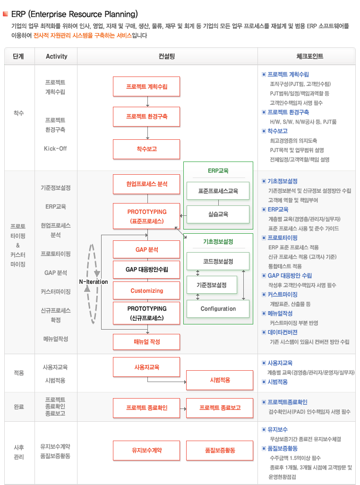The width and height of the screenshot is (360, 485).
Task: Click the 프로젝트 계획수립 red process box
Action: point(146,86)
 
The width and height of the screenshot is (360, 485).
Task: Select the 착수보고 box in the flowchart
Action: point(146,149)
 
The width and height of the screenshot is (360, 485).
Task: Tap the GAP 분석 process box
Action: point(146,249)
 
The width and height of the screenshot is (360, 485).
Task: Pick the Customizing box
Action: point(146,290)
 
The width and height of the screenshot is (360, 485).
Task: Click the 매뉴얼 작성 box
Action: point(146,342)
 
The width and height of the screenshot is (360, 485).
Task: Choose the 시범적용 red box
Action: point(220,380)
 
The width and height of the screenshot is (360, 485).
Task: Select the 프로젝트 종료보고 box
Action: point(220,408)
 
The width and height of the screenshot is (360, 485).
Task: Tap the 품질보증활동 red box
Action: point(220,451)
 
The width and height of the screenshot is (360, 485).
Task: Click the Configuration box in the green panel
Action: point(218,309)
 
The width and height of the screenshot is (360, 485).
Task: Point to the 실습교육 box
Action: point(218,214)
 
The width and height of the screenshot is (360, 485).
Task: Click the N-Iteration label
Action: point(94,282)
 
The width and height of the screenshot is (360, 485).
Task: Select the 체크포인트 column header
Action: point(309,56)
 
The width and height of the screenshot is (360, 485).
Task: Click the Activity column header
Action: point(56,56)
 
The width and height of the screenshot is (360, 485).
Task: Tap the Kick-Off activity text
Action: point(55,148)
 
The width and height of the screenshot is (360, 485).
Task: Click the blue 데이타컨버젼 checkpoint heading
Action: point(283,332)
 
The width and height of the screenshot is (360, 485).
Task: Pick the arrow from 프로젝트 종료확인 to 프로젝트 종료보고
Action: point(183,408)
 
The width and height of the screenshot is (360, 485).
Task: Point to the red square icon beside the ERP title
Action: point(5,14)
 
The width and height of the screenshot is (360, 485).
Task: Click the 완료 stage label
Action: point(18,407)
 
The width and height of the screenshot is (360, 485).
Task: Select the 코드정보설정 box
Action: point(218,261)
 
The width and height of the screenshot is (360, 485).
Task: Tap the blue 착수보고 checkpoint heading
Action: point(278,131)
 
